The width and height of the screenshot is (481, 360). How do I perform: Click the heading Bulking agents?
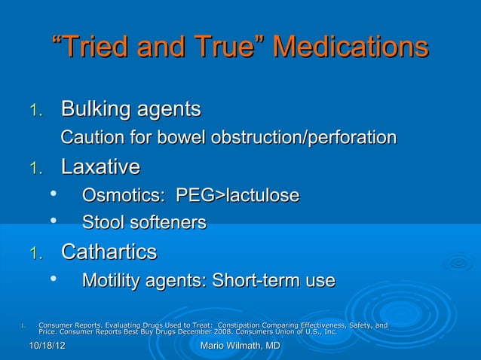pos(130,110)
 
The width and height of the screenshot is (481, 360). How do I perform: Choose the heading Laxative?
pos(100,166)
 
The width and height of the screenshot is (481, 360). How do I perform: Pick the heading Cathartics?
pos(109,252)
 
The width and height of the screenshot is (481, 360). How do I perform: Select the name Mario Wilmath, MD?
pos(240,346)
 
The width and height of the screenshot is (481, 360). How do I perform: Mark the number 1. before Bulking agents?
pos(35,111)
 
